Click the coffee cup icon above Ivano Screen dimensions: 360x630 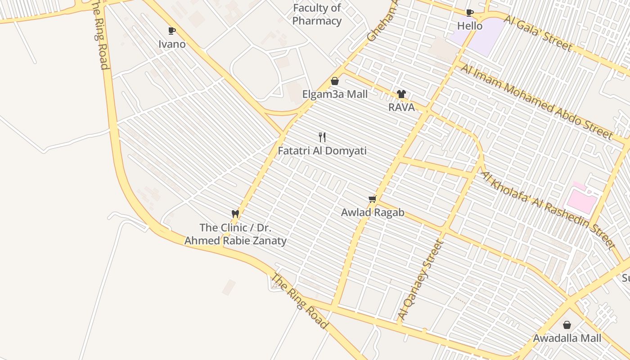tap(171, 31)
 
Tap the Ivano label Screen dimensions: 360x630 tap(172, 44)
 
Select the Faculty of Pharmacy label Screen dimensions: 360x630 tap(317, 14)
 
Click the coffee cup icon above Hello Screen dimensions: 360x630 tap(470, 13)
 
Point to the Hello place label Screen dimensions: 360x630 tap(470, 26)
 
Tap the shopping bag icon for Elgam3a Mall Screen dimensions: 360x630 tap(335, 81)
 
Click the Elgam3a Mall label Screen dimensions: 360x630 tap(335, 94)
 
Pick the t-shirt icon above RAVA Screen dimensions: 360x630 tap(401, 94)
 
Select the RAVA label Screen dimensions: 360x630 tap(401, 108)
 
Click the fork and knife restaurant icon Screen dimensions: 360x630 tap(322, 137)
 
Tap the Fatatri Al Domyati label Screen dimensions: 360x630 tap(322, 151)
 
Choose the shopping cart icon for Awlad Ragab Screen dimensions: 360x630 tap(372, 199)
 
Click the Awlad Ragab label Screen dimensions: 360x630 tap(373, 213)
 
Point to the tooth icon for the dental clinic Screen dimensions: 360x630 tap(235, 214)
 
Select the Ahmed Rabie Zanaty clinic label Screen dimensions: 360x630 tap(235, 234)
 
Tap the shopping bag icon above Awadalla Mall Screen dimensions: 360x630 tap(567, 324)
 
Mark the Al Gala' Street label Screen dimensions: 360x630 tap(538, 33)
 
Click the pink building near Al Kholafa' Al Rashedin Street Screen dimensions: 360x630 tap(581, 199)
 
